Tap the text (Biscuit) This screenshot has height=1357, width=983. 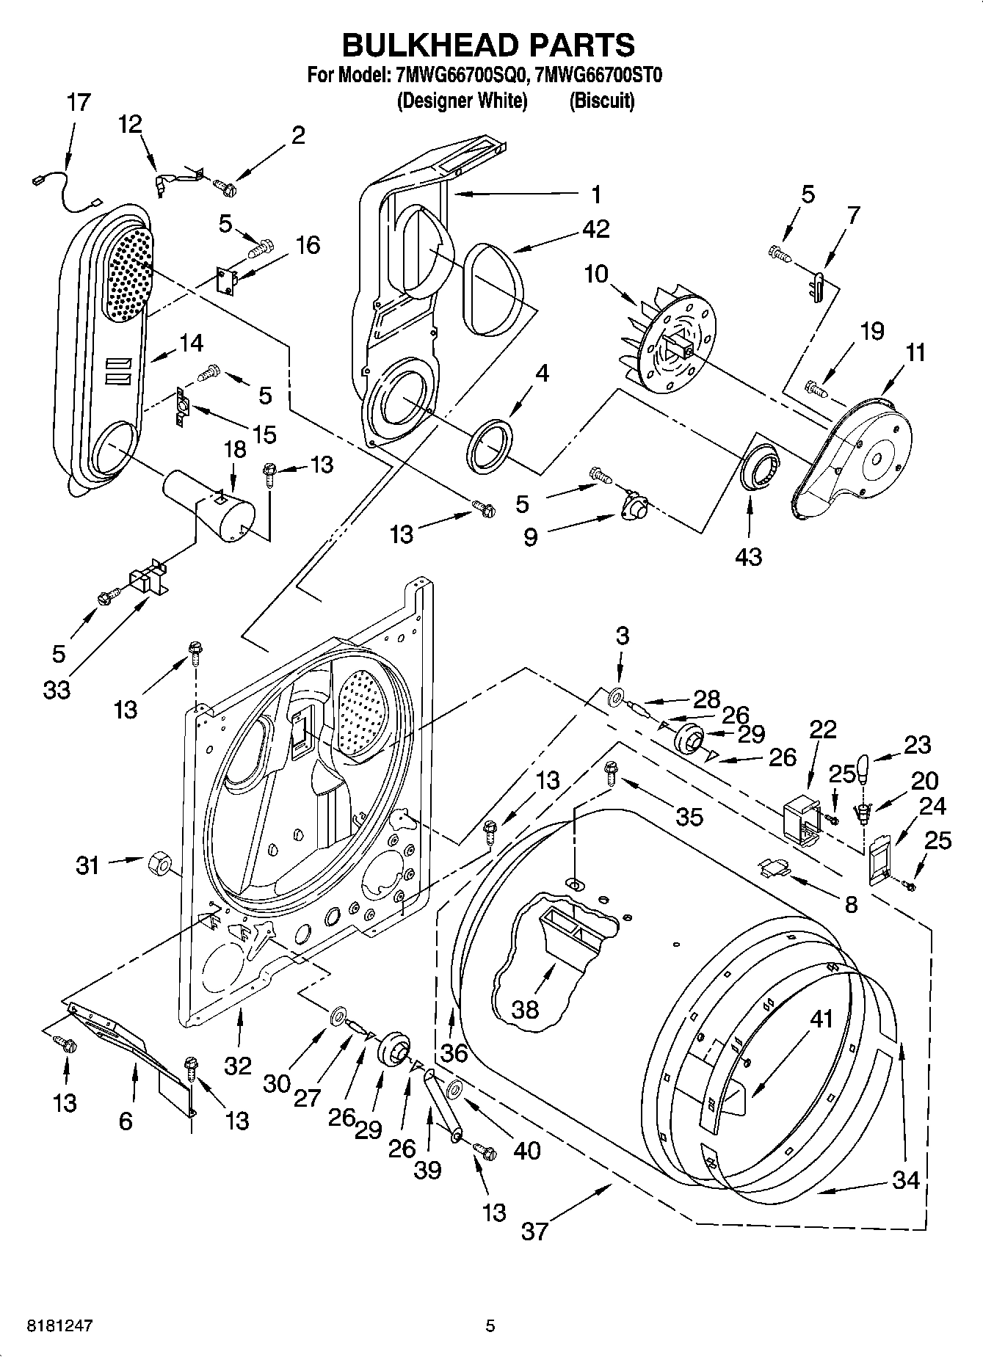click(601, 101)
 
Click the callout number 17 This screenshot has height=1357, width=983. click(78, 103)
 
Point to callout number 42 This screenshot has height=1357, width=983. click(595, 229)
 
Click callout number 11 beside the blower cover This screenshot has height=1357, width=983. click(915, 353)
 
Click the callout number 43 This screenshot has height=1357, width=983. click(748, 556)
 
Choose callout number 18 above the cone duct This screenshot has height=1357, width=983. click(235, 449)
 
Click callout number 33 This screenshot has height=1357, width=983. click(57, 689)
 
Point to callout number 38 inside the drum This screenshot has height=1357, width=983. click(525, 1009)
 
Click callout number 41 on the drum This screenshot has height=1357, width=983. click(821, 1019)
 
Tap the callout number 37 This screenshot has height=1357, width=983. click(534, 1230)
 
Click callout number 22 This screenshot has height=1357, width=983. click(823, 729)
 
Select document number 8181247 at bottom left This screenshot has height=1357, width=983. click(49, 1325)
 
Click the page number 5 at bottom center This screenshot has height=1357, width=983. click(490, 1325)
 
